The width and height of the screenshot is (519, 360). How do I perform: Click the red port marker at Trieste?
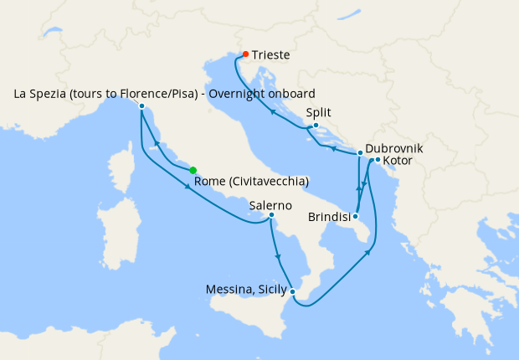[245, 54]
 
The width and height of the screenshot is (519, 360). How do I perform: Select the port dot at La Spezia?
[141, 106]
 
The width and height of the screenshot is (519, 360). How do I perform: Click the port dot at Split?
[316, 126]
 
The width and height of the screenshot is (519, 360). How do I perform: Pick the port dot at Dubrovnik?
[360, 153]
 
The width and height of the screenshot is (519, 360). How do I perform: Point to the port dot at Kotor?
[378, 160]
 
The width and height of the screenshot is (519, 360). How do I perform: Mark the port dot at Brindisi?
[356, 216]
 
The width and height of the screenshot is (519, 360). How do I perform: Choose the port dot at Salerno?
[271, 215]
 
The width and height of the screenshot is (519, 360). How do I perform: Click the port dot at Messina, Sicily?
[292, 291]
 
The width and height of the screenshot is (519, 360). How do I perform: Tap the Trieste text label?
[271, 55]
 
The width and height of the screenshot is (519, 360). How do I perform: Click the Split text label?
[319, 111]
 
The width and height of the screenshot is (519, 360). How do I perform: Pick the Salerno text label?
[270, 203]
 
